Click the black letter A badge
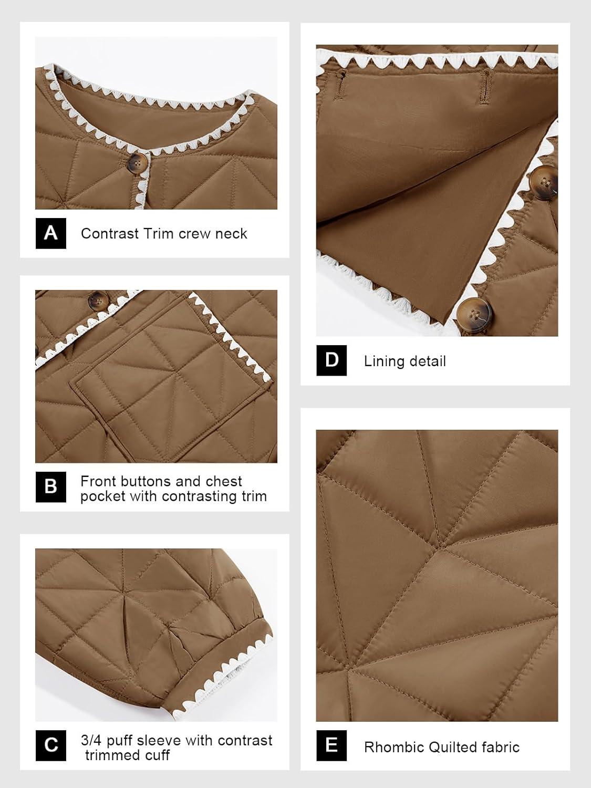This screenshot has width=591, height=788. [50, 233]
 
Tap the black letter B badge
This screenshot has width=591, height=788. [50, 487]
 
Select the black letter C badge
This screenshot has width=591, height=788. [50, 745]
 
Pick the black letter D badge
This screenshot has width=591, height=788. [331, 360]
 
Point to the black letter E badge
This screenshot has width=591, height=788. [331, 745]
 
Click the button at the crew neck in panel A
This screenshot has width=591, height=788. [138, 162]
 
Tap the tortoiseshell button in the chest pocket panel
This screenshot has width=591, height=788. [98, 300]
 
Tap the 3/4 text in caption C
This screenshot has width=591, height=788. [91, 740]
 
